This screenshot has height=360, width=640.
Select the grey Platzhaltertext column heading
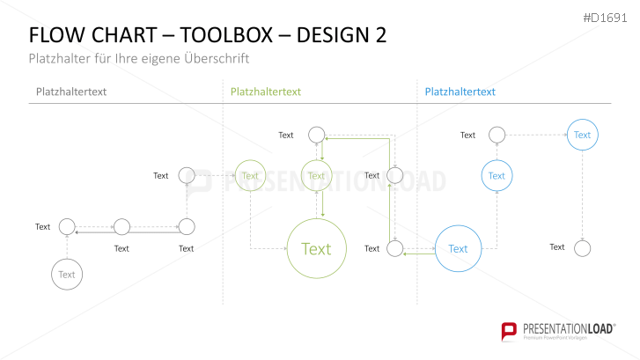point(73,92)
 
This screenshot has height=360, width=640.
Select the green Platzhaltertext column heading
point(266,92)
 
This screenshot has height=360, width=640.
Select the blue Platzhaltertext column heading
point(460,92)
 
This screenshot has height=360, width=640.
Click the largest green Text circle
point(315,249)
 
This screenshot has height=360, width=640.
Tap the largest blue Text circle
point(459,249)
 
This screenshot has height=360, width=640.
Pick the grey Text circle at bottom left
point(67,275)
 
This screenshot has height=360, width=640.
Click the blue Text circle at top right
point(582,135)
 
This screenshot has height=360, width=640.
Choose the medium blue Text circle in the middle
point(497,176)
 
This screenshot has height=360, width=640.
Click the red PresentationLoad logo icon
point(508,331)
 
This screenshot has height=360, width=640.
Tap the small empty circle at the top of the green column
point(316,135)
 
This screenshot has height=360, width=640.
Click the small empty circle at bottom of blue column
point(582,248)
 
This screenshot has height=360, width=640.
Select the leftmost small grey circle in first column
point(67,227)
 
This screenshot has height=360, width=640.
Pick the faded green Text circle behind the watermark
point(250,176)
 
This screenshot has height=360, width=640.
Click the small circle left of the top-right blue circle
point(497,135)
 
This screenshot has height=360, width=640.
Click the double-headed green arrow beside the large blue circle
point(418,253)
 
